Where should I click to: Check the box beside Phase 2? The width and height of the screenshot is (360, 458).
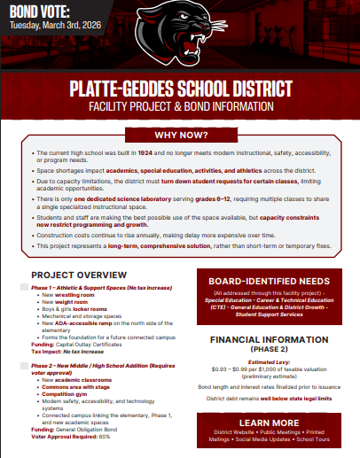coord(23,365)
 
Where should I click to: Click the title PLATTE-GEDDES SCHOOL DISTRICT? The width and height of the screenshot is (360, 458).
coord(180,90)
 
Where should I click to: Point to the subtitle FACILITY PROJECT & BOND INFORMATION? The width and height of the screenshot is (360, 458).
coord(180,106)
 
